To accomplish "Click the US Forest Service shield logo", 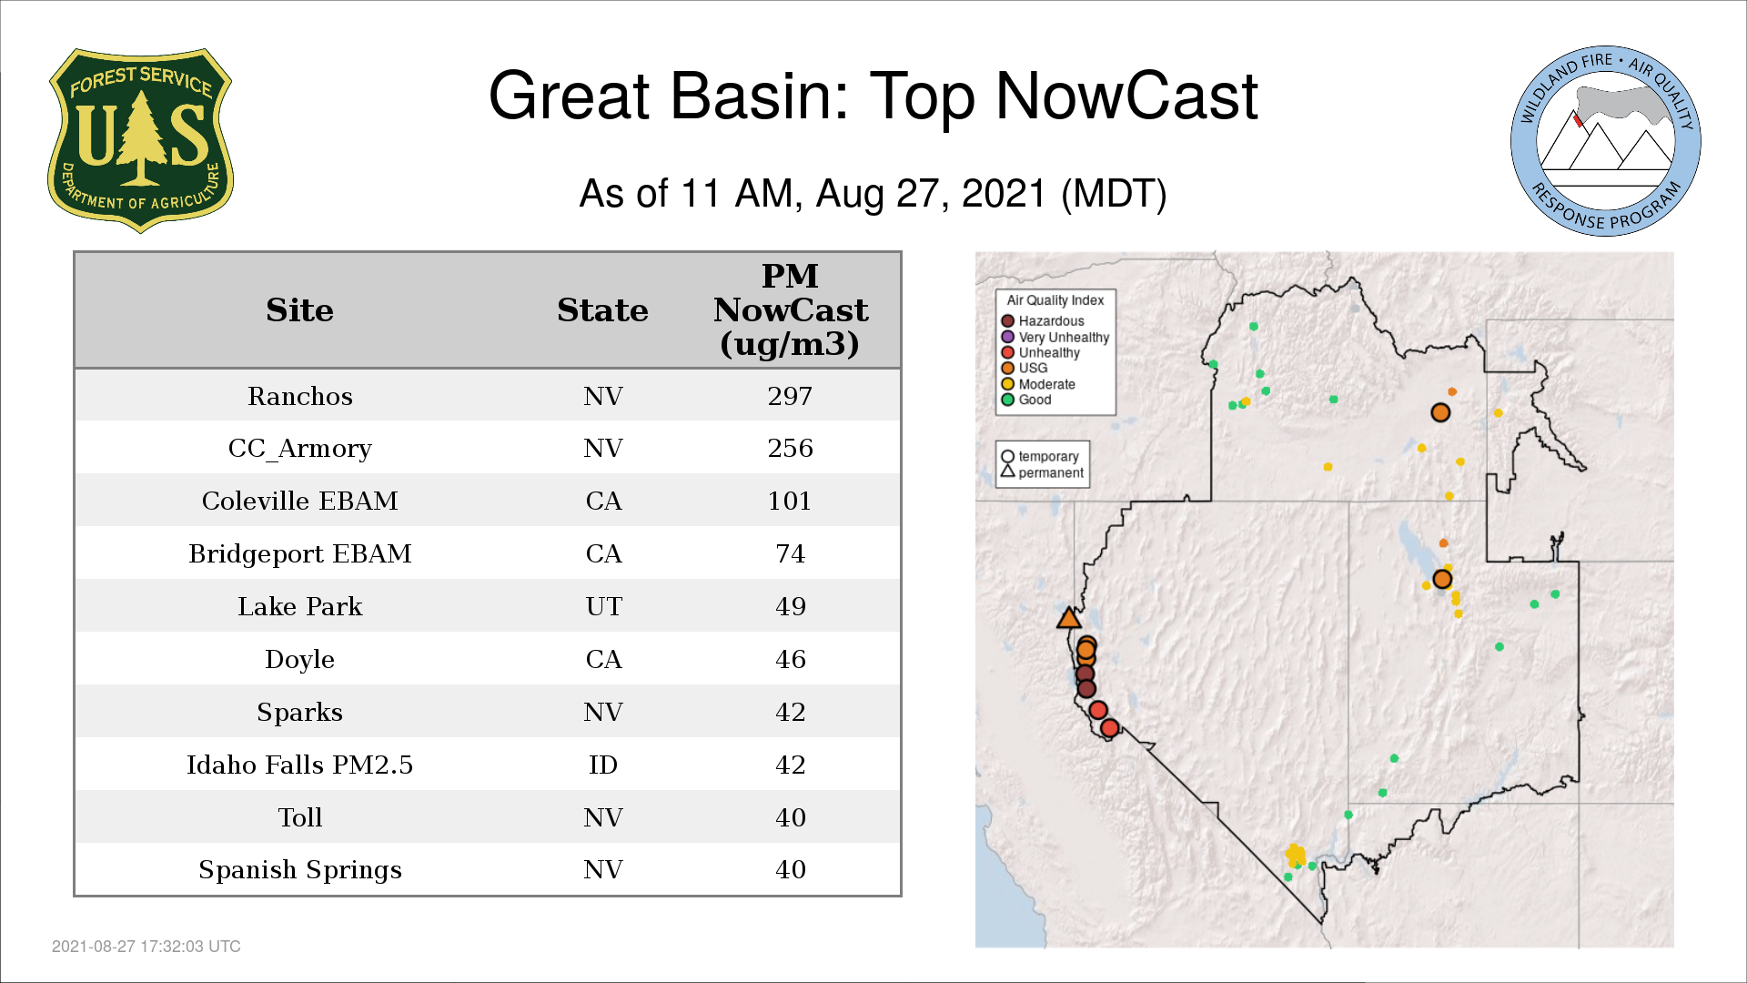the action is (140, 141).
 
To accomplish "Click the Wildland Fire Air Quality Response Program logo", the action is (1606, 141).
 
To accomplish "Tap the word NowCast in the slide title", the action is (1126, 96).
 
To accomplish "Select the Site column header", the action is (299, 310).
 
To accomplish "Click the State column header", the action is (602, 310).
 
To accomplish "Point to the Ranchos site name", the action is (300, 396).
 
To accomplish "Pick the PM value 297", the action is (790, 396).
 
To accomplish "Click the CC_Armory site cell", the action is (300, 449).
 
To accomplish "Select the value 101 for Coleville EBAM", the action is (790, 501).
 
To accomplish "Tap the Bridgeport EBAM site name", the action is (300, 553).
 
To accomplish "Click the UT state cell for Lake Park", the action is (603, 606).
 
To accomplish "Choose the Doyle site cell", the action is (300, 659).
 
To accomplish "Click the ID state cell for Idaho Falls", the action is (603, 765).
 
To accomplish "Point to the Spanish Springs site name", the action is (300, 870).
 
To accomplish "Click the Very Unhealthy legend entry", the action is (1055, 337).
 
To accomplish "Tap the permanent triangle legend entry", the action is (1042, 472).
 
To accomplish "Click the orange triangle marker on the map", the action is (1069, 619).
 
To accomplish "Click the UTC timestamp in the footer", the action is (146, 947).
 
